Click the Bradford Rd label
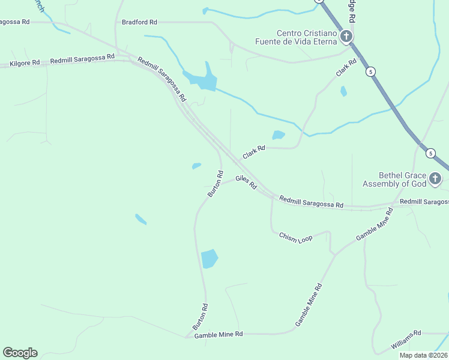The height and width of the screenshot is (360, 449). [x=139, y=22]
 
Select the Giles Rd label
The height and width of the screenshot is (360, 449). [x=246, y=182]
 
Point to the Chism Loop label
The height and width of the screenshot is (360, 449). [x=296, y=238]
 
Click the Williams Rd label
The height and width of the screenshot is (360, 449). [x=406, y=340]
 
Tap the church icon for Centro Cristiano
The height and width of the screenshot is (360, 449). [x=346, y=38]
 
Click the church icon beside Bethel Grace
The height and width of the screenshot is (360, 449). [x=436, y=178]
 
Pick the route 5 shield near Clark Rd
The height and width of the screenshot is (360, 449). [x=372, y=71]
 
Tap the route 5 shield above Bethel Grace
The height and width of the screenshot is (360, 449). [x=430, y=153]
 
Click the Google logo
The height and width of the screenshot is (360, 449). [x=20, y=352]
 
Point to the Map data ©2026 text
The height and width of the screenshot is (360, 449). [x=423, y=355]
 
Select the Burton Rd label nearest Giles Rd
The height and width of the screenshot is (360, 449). [x=215, y=184]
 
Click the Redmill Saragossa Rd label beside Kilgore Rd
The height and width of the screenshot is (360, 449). [x=82, y=59]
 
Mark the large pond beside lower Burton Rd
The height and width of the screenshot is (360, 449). [x=209, y=259]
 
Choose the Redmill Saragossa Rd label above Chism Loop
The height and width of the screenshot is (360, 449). [x=312, y=202]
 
